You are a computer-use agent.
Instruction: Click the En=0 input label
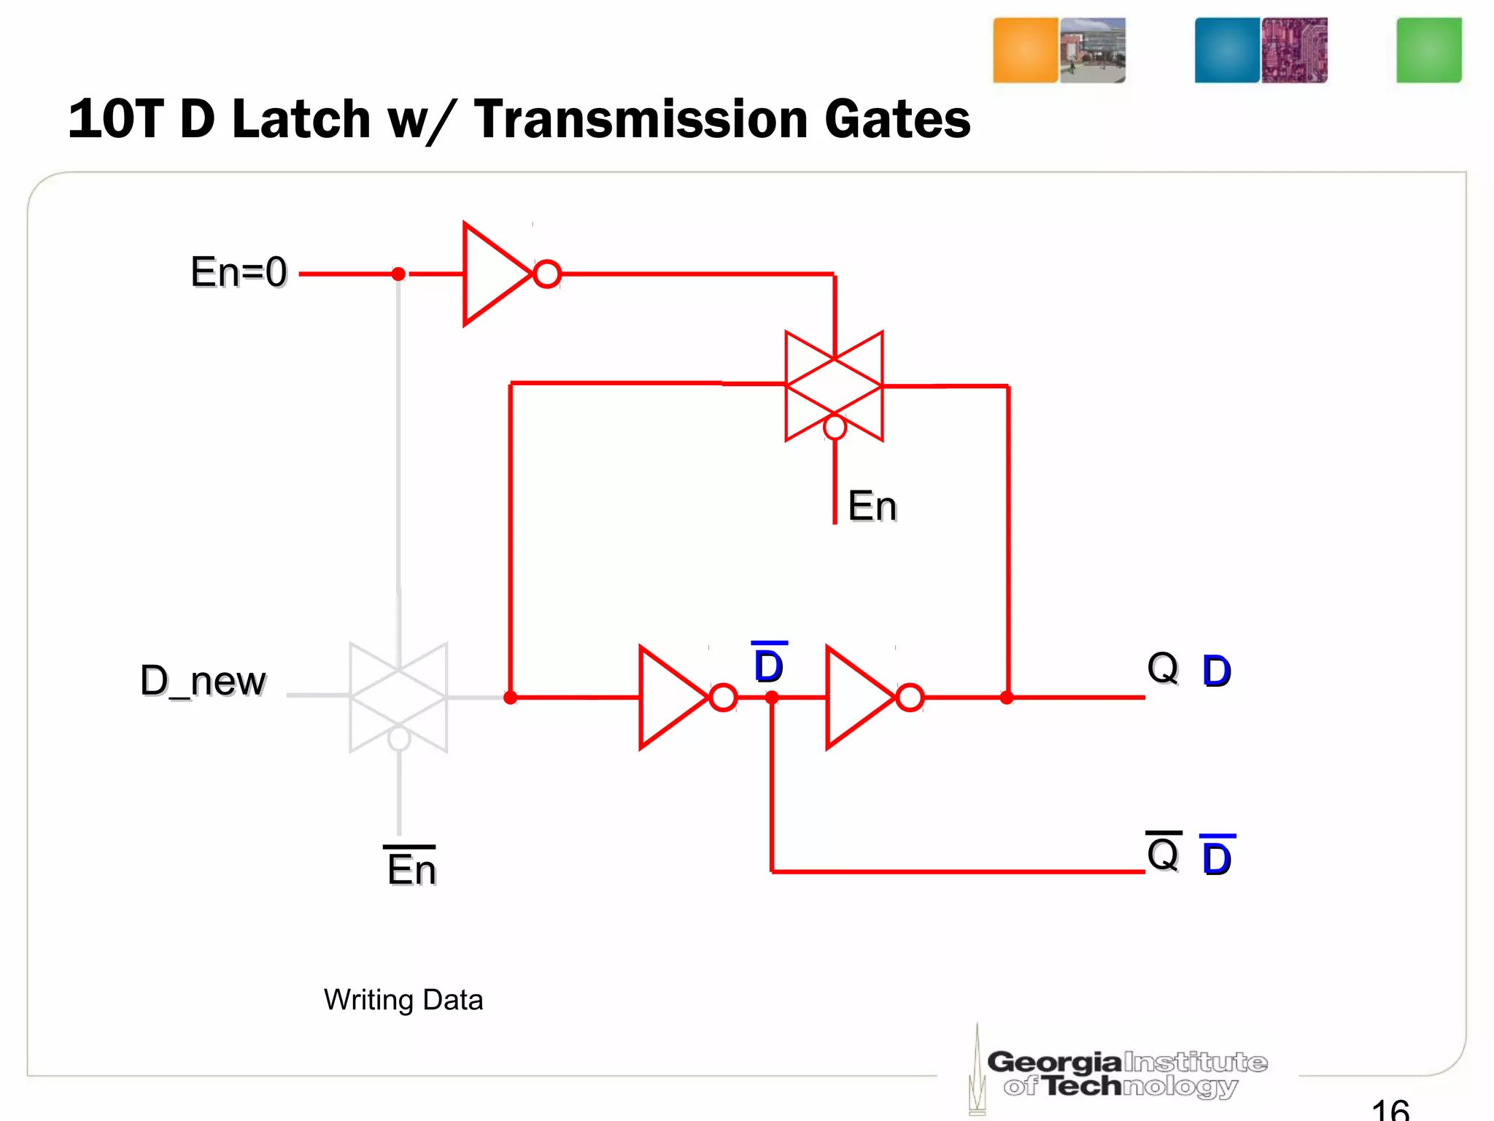(239, 272)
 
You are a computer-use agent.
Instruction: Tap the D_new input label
(203, 681)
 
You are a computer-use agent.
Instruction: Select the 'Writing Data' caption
(403, 1000)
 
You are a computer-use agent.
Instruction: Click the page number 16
(1390, 1109)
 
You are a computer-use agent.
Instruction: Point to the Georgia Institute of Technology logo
(1123, 1073)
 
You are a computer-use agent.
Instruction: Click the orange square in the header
(1025, 50)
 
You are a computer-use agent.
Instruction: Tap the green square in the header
(1428, 50)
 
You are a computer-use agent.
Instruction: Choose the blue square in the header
(1227, 50)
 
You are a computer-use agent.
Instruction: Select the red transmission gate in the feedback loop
(834, 386)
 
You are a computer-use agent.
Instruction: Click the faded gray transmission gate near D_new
(398, 697)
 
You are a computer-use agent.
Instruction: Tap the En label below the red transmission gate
(872, 506)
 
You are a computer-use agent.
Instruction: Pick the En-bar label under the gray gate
(411, 868)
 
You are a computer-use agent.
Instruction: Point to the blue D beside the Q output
(1216, 671)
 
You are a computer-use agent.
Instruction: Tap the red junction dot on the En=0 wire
(398, 274)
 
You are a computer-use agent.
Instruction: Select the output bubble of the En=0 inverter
(547, 274)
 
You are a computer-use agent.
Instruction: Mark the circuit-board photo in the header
(1294, 50)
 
